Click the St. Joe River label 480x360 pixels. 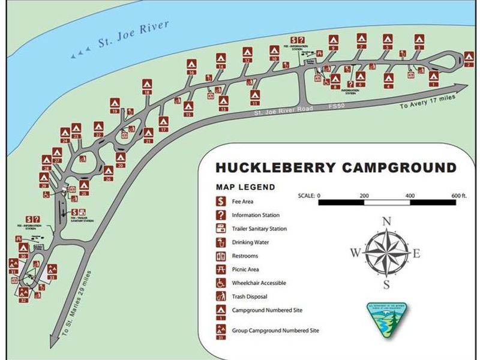134,37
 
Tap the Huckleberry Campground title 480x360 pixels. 335,167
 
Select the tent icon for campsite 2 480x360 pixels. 469,57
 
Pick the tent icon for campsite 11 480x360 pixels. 255,95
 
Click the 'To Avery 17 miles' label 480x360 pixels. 428,101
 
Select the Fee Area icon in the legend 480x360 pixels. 221,202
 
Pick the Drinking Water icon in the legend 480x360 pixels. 221,242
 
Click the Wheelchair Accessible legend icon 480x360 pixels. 221,283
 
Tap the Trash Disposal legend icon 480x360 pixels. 221,296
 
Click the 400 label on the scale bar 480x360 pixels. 410,196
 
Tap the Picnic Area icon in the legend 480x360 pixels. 221,269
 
